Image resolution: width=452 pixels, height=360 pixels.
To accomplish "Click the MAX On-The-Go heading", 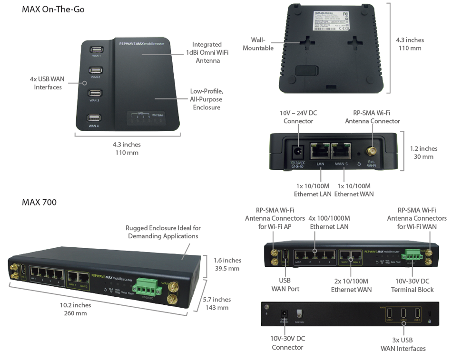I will [x=53, y=9].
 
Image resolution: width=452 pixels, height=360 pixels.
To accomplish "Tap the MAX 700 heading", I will [x=39, y=202].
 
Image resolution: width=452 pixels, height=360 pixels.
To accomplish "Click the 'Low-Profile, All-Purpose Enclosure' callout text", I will [x=206, y=99].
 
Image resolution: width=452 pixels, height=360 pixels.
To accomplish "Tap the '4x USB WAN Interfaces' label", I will [x=48, y=83].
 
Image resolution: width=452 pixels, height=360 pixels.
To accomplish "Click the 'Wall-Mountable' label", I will [x=258, y=44].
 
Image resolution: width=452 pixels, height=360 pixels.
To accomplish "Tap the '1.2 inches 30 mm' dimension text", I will [x=424, y=152].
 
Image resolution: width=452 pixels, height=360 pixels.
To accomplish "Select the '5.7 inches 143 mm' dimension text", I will [x=217, y=303].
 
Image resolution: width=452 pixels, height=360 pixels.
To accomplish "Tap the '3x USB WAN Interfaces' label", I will [x=403, y=344].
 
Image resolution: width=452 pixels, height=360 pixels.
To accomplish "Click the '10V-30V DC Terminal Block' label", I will [x=412, y=285].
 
